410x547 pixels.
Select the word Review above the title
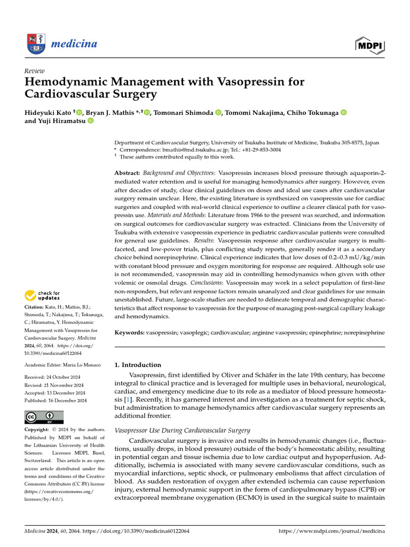click(35, 71)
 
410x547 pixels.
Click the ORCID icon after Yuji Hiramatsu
click(90, 121)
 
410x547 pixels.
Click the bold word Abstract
click(127, 174)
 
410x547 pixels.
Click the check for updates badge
click(42, 295)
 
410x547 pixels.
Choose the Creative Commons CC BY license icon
click(44, 417)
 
